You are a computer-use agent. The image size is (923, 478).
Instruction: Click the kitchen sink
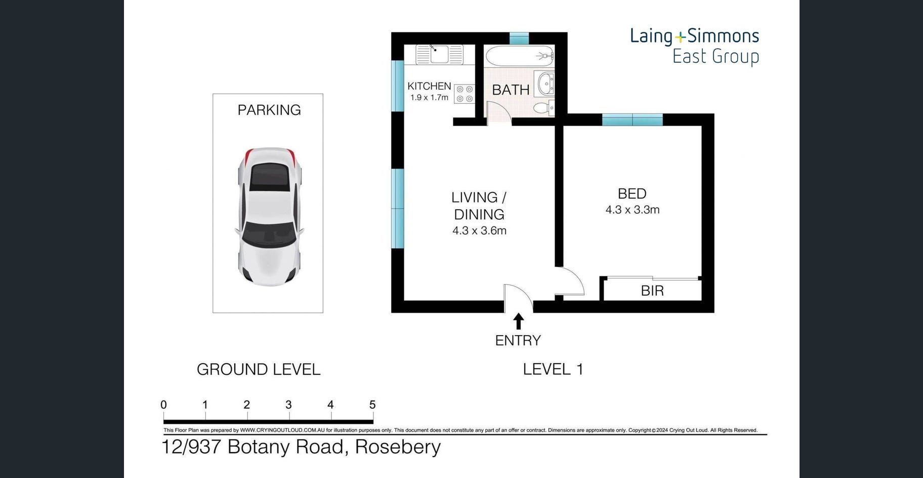click(x=439, y=54)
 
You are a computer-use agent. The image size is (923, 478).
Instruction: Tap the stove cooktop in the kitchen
click(x=464, y=94)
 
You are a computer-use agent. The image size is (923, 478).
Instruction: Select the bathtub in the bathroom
click(x=519, y=55)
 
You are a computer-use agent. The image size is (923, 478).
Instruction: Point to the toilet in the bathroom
click(x=544, y=107)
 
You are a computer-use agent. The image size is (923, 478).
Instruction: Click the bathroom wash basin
click(x=545, y=84)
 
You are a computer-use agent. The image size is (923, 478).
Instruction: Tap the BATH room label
click(x=511, y=90)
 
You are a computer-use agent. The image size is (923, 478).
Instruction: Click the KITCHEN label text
click(x=429, y=86)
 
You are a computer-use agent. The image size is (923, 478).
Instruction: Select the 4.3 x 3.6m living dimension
click(x=479, y=231)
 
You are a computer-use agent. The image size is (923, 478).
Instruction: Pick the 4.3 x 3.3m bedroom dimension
click(x=633, y=210)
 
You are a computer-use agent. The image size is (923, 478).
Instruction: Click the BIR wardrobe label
click(x=652, y=291)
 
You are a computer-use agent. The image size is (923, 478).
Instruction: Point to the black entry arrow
click(x=518, y=322)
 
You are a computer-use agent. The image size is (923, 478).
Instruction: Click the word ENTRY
click(x=518, y=340)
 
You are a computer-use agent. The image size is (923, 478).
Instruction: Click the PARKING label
click(x=269, y=110)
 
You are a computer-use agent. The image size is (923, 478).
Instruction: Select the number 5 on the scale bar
click(x=372, y=405)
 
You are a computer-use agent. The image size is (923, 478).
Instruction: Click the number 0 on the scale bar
click(x=163, y=405)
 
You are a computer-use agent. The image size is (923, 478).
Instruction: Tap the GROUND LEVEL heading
click(x=259, y=369)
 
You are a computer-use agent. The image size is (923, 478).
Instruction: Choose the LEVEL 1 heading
click(x=553, y=369)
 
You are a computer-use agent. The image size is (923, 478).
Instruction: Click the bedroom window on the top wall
click(x=632, y=120)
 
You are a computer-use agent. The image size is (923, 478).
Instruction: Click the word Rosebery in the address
click(x=398, y=447)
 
